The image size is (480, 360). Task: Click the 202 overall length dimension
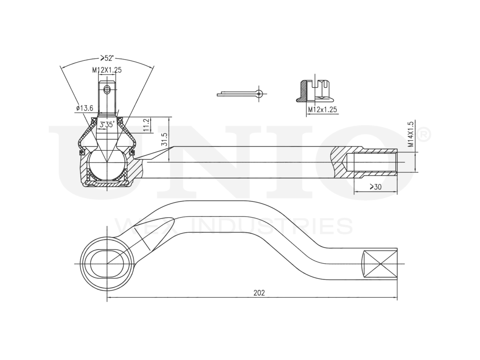coord(259,293)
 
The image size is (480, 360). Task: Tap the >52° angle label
coord(107,58)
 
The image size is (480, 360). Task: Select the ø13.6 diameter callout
coord(84,108)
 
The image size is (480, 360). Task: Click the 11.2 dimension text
coord(147,125)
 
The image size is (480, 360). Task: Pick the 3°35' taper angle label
coord(106,125)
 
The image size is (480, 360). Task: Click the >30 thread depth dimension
coord(375,187)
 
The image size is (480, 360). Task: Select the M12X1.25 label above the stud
coord(107,70)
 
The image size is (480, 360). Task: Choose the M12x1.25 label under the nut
coord(322,109)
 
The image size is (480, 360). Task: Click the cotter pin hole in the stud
coord(107,89)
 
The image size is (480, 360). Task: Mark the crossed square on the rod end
coord(380,264)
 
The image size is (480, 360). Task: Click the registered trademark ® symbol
coord(423,135)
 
